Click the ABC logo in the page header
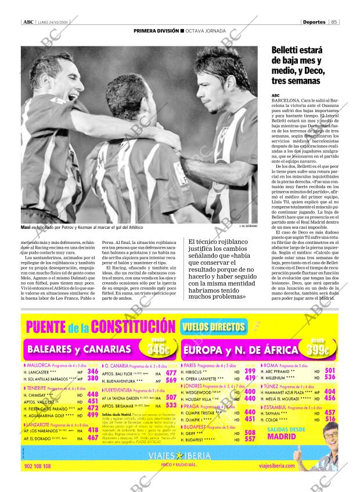point(27,22)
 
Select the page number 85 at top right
point(334,22)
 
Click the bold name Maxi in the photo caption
point(25,227)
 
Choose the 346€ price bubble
point(157,347)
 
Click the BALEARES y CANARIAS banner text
point(79,349)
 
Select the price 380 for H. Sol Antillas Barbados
point(92,378)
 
